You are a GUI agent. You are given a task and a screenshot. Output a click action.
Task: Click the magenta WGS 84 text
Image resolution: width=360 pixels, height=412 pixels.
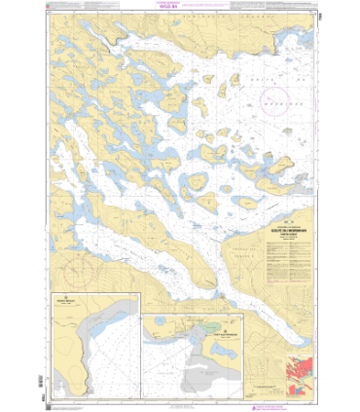point(179,14)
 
